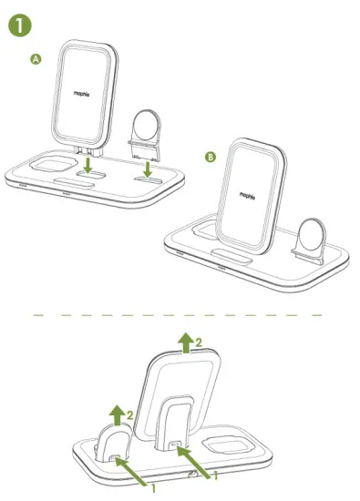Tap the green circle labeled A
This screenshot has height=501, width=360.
click(36, 59)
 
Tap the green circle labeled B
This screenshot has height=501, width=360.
click(210, 158)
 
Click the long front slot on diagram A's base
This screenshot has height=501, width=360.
click(71, 193)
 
